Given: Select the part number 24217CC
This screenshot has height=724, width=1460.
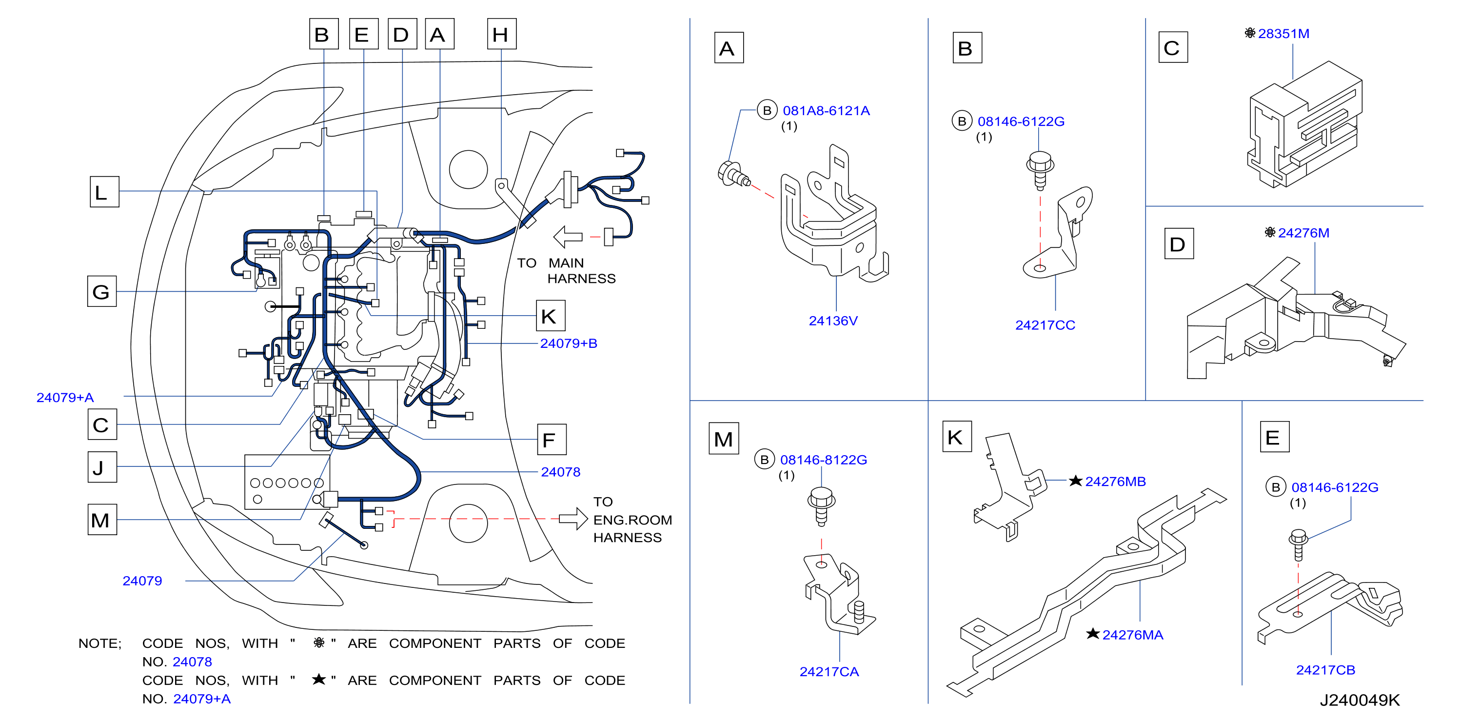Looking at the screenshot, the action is pos(1045,325).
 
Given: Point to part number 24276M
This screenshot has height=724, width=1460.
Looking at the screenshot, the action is pos(1303,233).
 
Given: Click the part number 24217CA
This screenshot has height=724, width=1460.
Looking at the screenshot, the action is pos(829,672).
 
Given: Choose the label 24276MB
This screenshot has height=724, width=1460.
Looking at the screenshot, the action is pos(1115,482).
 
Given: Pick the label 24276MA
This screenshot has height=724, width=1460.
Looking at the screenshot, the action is pos(1132,635).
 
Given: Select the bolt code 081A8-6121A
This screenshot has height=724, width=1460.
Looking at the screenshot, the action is pos(826,111).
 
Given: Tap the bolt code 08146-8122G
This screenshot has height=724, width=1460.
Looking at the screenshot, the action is pos(823,460).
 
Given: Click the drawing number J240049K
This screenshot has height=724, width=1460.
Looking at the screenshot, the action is pos(1359,700).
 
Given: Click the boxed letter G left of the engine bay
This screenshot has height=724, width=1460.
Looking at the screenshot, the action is pos(102,291).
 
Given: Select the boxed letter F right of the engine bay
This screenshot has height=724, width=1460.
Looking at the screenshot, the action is pos(551,440).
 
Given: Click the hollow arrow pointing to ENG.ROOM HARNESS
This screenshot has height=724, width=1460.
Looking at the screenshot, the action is pos(573,518).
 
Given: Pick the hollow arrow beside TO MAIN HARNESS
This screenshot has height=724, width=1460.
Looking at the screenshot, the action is pos(567,237).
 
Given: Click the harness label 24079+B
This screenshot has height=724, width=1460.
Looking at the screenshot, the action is pos(568,343).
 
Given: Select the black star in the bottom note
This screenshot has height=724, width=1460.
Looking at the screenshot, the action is pos(319,679).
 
